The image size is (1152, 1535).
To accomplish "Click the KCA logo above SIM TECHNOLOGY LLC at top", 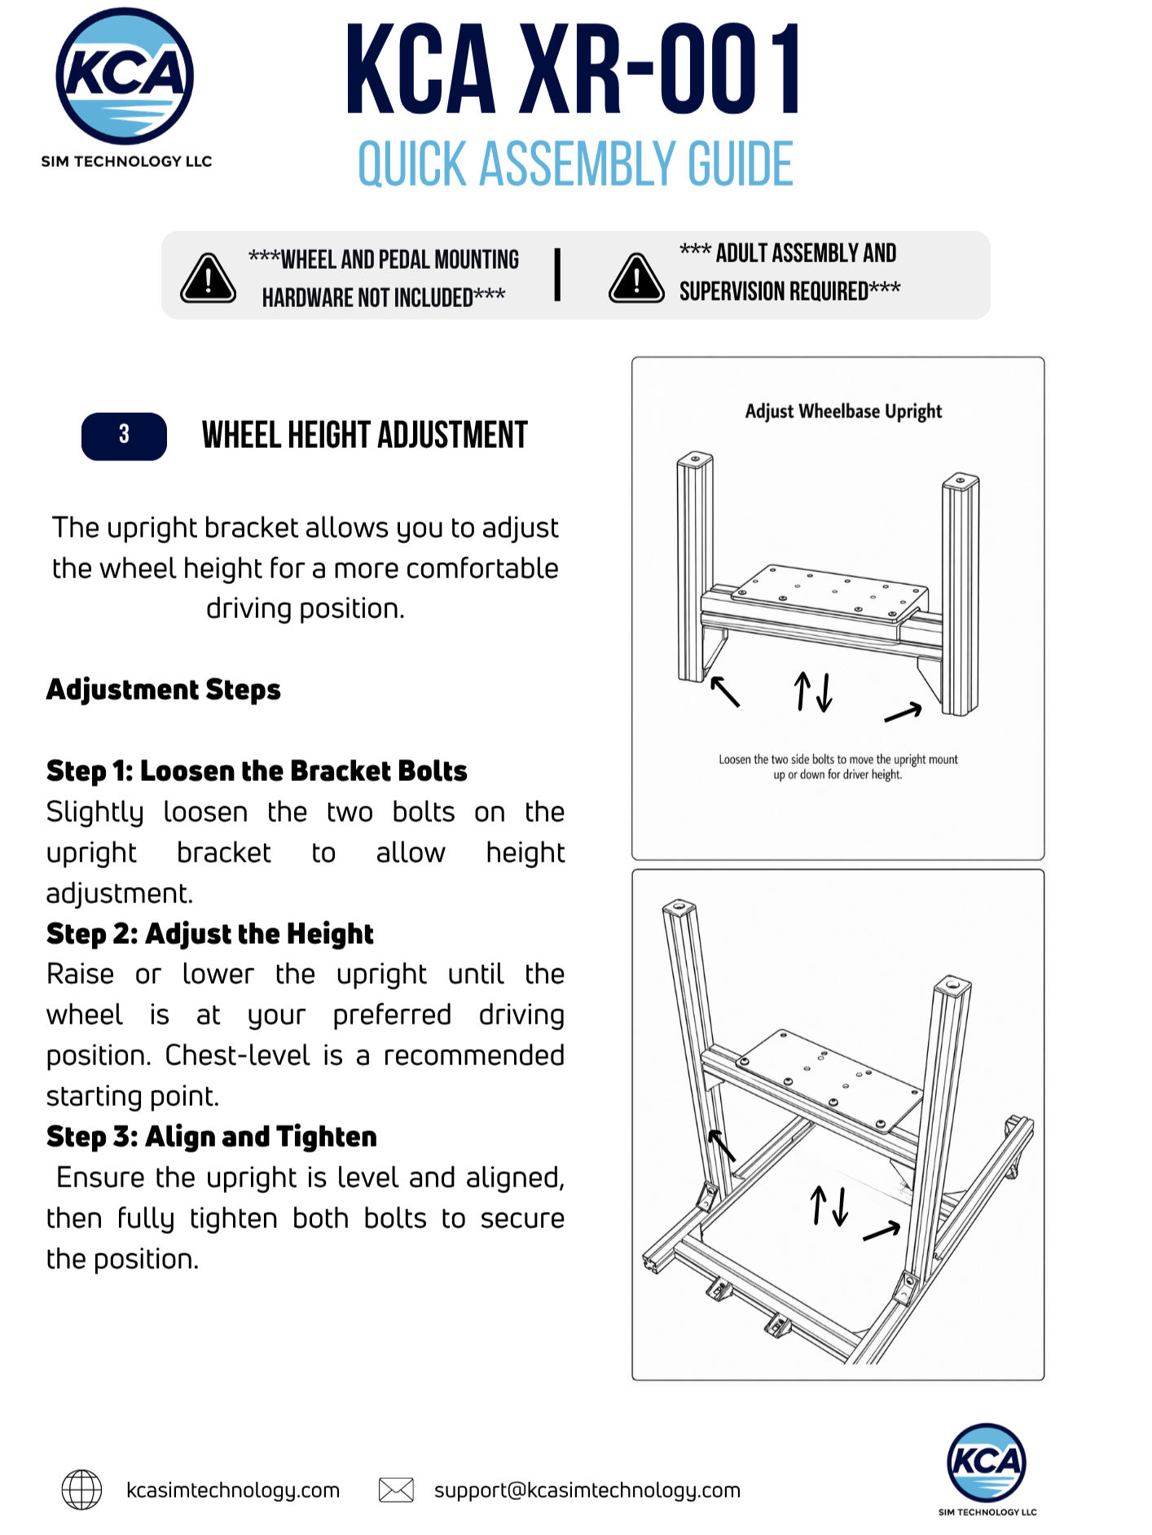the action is click(125, 76).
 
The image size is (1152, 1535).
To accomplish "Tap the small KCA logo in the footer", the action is click(986, 1463).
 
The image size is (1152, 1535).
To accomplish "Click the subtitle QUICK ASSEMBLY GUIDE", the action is click(575, 164).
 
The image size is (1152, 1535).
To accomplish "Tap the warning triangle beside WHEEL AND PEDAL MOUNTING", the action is click(208, 278).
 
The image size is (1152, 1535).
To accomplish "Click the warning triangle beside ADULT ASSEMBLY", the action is click(636, 278).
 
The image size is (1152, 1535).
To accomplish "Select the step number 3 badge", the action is click(124, 436).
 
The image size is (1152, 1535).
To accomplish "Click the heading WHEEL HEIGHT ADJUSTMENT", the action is click(365, 436).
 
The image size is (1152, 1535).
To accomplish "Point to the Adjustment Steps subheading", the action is click(163, 690).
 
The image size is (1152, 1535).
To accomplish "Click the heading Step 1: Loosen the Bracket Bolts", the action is click(257, 770).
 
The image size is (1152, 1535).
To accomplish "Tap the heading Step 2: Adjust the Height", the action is click(209, 933).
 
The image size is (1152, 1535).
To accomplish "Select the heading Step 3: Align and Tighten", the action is click(211, 1137).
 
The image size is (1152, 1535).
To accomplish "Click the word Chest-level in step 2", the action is click(237, 1055).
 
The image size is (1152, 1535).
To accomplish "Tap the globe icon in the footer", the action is click(81, 1489).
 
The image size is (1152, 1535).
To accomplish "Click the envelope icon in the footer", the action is click(396, 1490).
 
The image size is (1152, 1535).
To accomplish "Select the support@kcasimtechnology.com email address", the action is click(587, 1490).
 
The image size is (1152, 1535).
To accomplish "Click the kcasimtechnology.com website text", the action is click(233, 1490).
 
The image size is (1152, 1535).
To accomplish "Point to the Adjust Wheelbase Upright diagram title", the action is click(843, 412).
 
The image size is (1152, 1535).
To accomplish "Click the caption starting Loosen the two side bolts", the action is click(838, 767).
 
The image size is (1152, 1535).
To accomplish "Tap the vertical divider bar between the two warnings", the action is click(557, 275).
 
